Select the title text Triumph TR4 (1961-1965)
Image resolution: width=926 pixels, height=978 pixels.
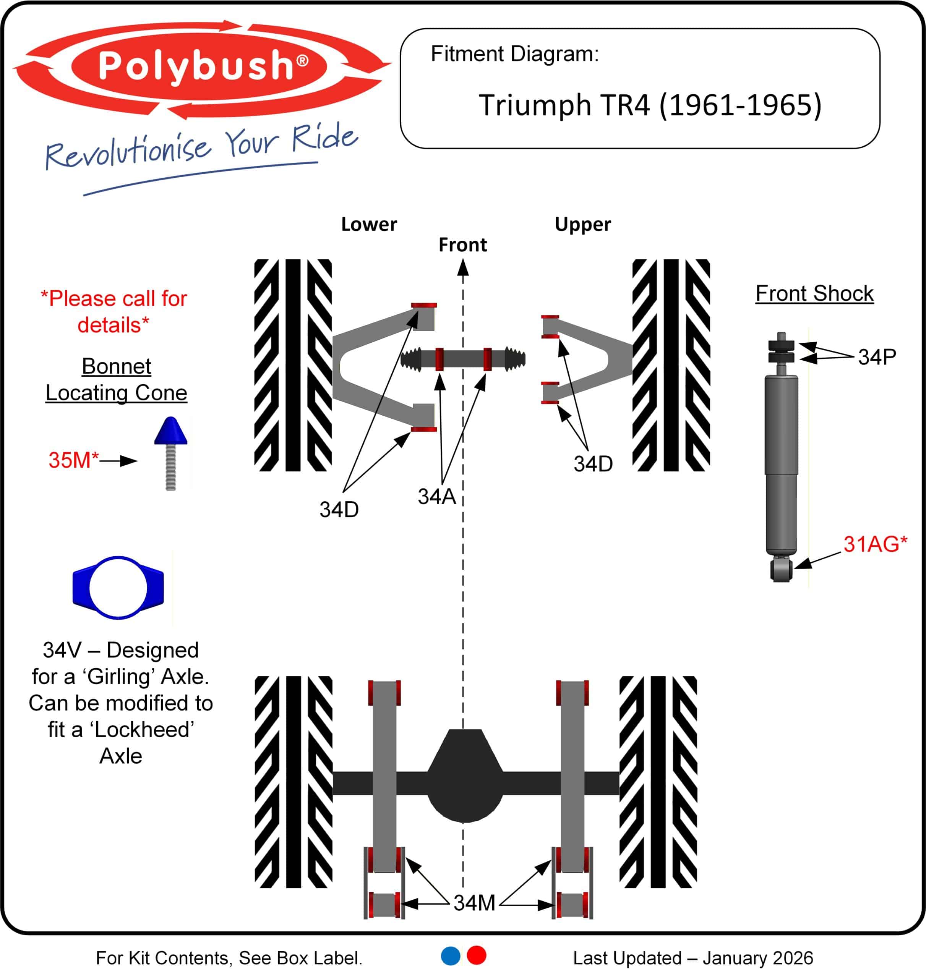(x=650, y=105)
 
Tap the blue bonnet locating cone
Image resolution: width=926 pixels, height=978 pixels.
(x=170, y=431)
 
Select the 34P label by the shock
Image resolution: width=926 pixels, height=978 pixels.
(x=877, y=357)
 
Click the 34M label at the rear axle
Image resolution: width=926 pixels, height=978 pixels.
(x=474, y=903)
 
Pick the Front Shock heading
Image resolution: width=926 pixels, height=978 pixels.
(x=814, y=294)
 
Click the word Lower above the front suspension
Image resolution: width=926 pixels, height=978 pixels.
(x=369, y=225)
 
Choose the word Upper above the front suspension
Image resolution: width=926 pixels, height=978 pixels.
(x=582, y=225)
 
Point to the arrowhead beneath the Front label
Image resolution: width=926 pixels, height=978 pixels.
(x=462, y=267)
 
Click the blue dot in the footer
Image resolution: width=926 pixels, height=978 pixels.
(x=450, y=956)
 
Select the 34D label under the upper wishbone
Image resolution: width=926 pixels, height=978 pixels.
(x=593, y=464)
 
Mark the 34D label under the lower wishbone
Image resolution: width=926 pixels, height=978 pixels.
(x=339, y=510)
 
